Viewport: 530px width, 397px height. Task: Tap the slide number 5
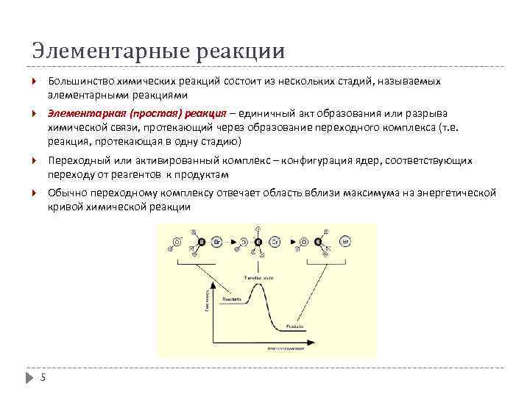(43, 378)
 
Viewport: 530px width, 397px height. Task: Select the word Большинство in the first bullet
(78, 82)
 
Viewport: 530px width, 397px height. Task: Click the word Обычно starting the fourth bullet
(66, 193)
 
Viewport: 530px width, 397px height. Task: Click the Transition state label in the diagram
(258, 277)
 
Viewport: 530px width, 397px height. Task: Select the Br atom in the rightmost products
(344, 241)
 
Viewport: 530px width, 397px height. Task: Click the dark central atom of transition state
(258, 241)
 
